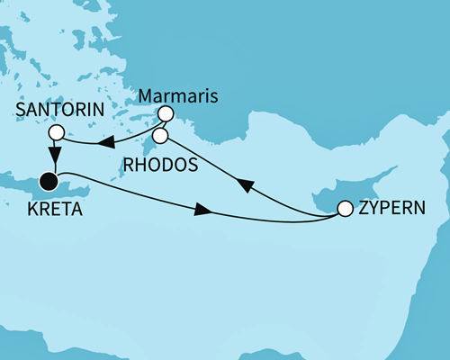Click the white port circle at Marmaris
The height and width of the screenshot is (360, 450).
point(166,114)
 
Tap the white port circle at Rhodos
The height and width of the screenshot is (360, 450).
point(160,136)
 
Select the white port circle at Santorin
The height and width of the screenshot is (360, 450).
point(57,131)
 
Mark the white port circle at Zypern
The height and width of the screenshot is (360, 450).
point(345,210)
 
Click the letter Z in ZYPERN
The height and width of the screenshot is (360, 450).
point(365,208)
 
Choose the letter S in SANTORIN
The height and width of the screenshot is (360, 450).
point(21,110)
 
